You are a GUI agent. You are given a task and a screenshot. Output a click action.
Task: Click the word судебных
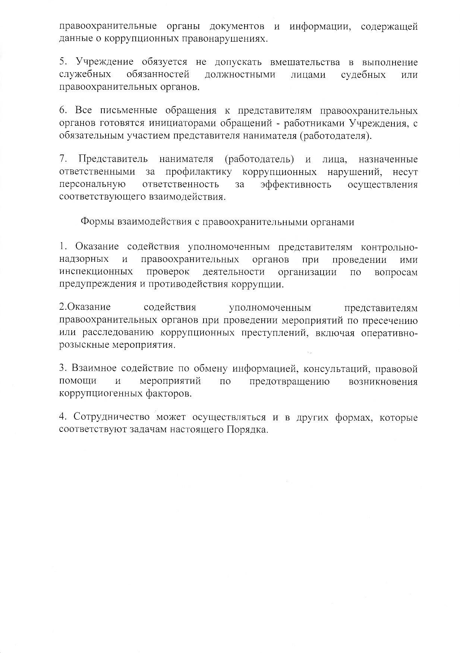[x=363, y=74]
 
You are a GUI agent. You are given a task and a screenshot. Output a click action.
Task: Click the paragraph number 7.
[x=63, y=159]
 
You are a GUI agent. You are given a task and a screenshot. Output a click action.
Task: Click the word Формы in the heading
[x=97, y=222]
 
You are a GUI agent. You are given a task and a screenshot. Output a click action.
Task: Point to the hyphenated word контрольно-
[x=390, y=247]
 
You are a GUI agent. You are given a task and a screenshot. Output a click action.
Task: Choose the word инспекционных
[x=96, y=272]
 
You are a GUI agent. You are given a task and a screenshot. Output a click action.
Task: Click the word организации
[x=307, y=272]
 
